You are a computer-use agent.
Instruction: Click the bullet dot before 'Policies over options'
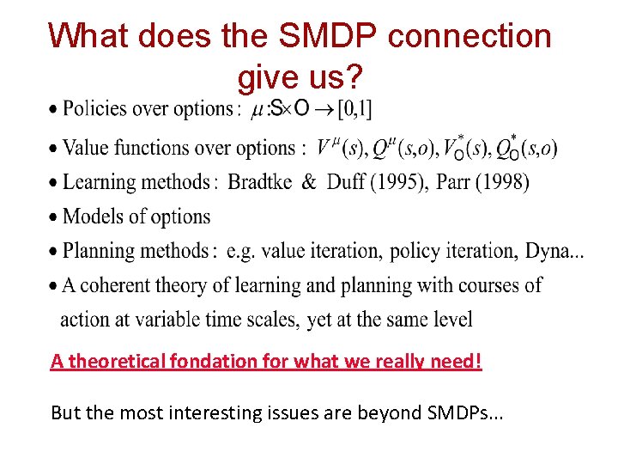point(55,110)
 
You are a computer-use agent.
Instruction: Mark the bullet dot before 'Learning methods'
point(55,183)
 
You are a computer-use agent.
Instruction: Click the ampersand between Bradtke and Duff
point(308,182)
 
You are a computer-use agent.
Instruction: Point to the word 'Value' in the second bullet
point(88,148)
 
